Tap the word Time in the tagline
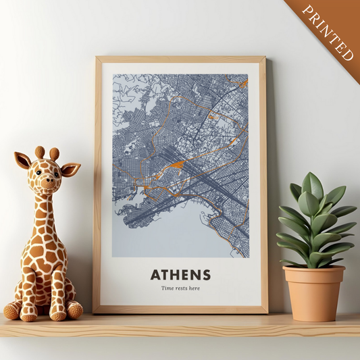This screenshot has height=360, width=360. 167,289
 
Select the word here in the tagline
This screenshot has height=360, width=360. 195,289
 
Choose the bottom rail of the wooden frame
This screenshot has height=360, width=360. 180,310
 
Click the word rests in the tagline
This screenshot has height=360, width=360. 180,289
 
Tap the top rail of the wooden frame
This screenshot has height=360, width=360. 180,59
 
